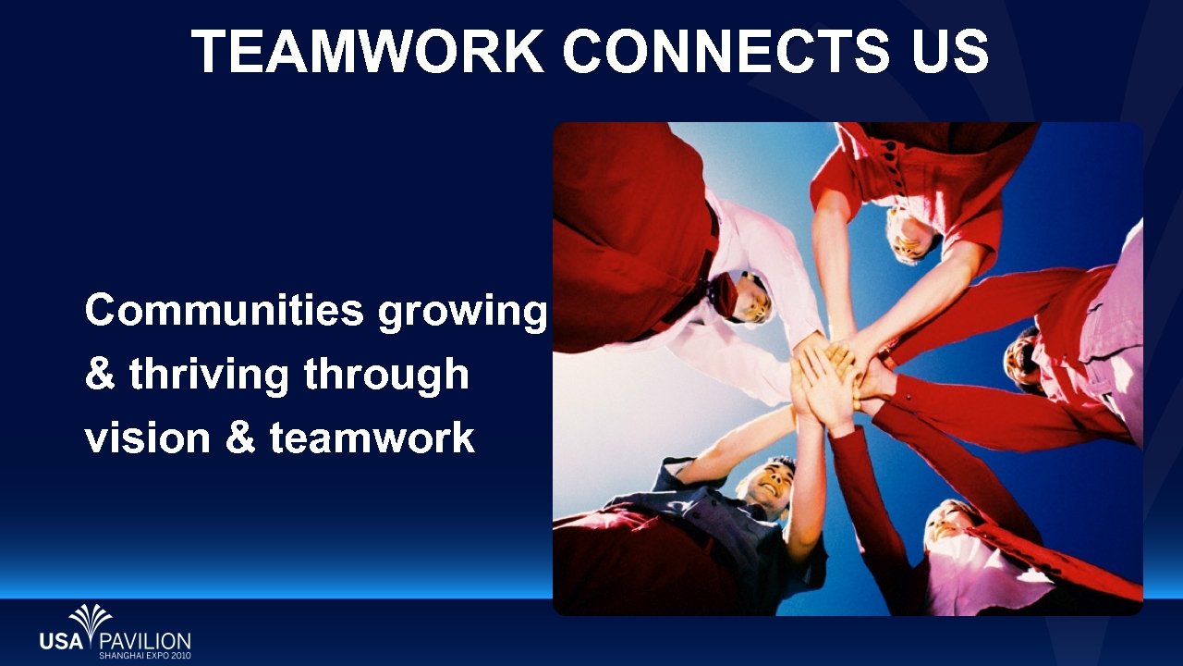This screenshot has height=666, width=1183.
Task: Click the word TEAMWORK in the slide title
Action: (368, 51)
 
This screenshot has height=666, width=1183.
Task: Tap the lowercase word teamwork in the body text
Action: (372, 437)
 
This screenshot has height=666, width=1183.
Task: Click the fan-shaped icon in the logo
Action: (91, 619)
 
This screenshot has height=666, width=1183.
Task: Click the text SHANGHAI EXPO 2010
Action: (144, 655)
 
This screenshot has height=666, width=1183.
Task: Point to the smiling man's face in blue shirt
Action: (770, 484)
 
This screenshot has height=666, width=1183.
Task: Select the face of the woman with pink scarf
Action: (947, 523)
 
